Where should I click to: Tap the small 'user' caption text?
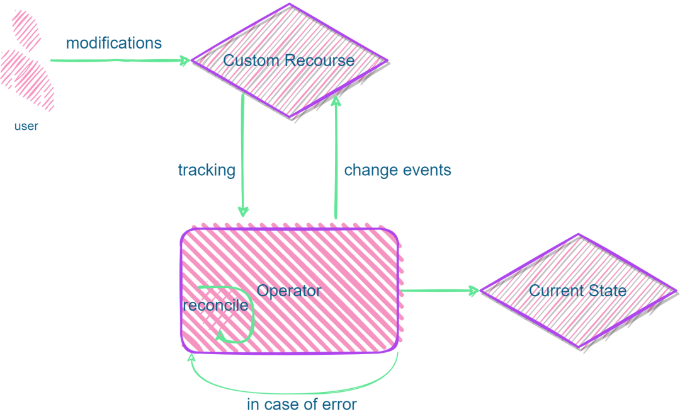coord(26,127)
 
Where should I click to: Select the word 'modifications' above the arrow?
coord(114,43)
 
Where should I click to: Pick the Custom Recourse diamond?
coord(289,60)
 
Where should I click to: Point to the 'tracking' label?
coord(207,170)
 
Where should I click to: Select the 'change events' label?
coord(397,170)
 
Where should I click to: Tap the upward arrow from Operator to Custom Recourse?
coord(336,158)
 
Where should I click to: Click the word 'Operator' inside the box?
coord(289,290)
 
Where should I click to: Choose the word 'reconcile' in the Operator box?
coord(215,306)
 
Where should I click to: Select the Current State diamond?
coord(578,290)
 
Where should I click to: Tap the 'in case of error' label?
coord(302,405)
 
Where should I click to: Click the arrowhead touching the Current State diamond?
coord(474,290)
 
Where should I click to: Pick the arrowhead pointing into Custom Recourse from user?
coord(185,60)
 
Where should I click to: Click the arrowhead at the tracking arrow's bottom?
coord(243,212)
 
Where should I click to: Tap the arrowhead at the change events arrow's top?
coord(336,101)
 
